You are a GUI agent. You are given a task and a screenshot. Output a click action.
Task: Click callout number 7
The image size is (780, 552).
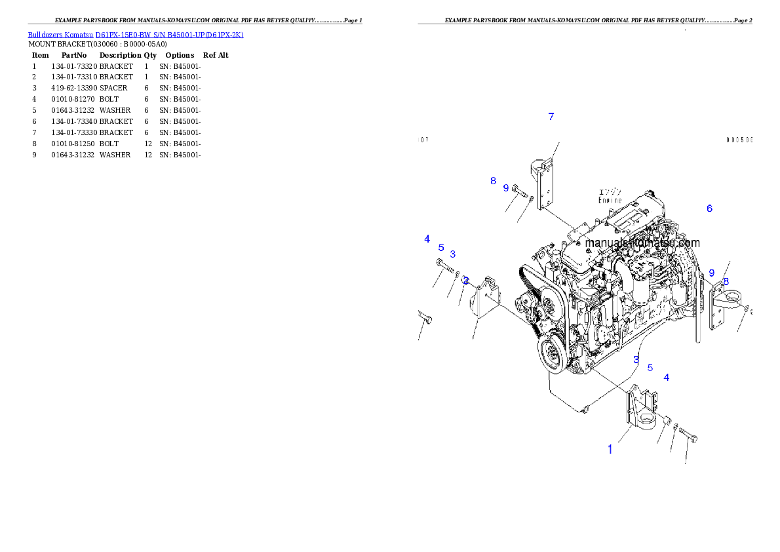551,117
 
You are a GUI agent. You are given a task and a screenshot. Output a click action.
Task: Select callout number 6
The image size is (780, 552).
709,208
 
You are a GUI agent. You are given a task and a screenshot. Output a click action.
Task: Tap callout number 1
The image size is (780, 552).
610,449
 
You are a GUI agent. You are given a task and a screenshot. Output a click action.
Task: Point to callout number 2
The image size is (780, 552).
465,281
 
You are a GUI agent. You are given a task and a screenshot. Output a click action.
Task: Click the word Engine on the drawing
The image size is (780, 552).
610,201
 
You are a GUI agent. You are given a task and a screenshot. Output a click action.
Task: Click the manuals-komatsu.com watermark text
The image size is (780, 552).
642,243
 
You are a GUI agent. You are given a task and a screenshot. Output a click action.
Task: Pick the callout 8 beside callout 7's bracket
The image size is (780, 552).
493,181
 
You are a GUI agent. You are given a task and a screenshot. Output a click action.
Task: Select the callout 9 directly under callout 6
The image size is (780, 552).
711,273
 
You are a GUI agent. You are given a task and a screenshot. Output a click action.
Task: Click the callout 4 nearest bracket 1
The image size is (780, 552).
667,377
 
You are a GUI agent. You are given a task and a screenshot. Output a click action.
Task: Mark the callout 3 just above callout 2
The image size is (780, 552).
452,254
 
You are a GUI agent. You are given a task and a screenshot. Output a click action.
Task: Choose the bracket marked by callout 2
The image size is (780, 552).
485,304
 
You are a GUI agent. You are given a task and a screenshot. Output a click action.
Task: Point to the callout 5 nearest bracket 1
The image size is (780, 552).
650,368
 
